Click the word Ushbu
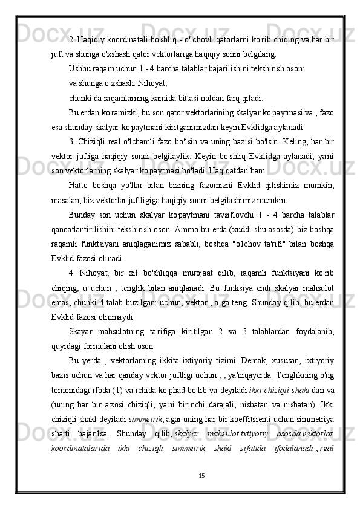(81, 68)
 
